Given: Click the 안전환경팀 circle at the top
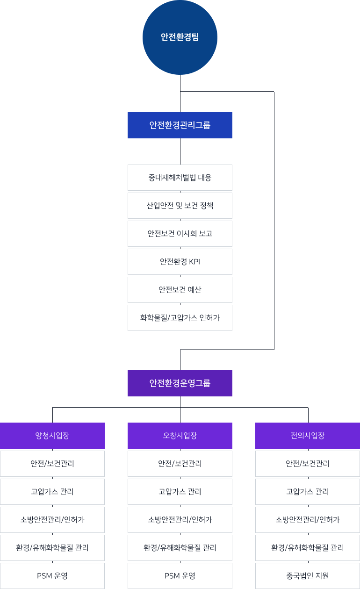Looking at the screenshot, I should pyautogui.click(x=180, y=37).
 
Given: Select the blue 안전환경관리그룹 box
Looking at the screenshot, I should pyautogui.click(x=180, y=125).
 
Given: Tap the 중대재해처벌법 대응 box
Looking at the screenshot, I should pyautogui.click(x=180, y=178).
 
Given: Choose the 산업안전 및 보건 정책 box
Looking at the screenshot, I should pyautogui.click(x=180, y=206).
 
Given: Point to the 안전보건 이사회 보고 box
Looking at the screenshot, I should pyautogui.click(x=180, y=234).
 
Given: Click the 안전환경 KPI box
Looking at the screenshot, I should pyautogui.click(x=180, y=262).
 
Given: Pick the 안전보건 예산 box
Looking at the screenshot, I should pyautogui.click(x=180, y=290).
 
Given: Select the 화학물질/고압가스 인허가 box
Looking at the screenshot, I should pyautogui.click(x=180, y=318).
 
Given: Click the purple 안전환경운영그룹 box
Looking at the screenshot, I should pyautogui.click(x=180, y=383).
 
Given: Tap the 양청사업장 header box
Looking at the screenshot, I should pyautogui.click(x=52, y=436).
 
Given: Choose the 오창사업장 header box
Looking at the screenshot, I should pyautogui.click(x=180, y=436).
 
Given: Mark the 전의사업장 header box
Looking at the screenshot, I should pyautogui.click(x=308, y=436).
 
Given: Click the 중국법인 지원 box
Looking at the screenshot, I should pyautogui.click(x=308, y=576).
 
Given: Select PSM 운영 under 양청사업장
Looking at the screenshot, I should pyautogui.click(x=52, y=576).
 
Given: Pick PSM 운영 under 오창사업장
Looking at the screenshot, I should pyautogui.click(x=180, y=576).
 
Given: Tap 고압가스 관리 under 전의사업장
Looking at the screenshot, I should pyautogui.click(x=308, y=492).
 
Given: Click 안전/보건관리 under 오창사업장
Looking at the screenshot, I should pyautogui.click(x=180, y=464).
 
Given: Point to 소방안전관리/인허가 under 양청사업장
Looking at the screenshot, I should pyautogui.click(x=52, y=520).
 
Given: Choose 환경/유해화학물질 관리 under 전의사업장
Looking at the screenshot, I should pyautogui.click(x=308, y=548).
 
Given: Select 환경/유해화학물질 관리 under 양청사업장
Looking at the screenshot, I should pyautogui.click(x=52, y=548).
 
